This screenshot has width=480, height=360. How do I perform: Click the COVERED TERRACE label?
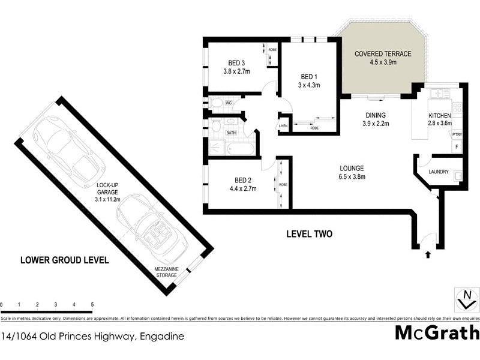[383, 54]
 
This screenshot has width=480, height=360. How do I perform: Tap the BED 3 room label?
[236, 63]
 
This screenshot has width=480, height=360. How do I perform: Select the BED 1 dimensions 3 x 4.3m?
[310, 85]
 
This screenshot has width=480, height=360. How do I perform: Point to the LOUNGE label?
[352, 168]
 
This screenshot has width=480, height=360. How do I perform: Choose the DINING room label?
[376, 115]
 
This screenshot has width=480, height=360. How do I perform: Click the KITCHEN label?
[439, 115]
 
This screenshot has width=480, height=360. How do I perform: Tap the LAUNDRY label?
[439, 172]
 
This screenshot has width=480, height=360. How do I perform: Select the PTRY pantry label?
[456, 134]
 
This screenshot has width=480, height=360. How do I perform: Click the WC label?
[228, 103]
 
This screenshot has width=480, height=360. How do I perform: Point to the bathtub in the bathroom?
[240, 148]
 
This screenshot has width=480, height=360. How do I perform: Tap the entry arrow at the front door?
[427, 254]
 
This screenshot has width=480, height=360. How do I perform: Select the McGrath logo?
[437, 332]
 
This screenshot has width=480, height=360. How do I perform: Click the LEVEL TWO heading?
[308, 234]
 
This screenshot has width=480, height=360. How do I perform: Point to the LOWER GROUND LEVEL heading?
[64, 260]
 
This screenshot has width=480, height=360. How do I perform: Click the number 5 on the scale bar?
[92, 305]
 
